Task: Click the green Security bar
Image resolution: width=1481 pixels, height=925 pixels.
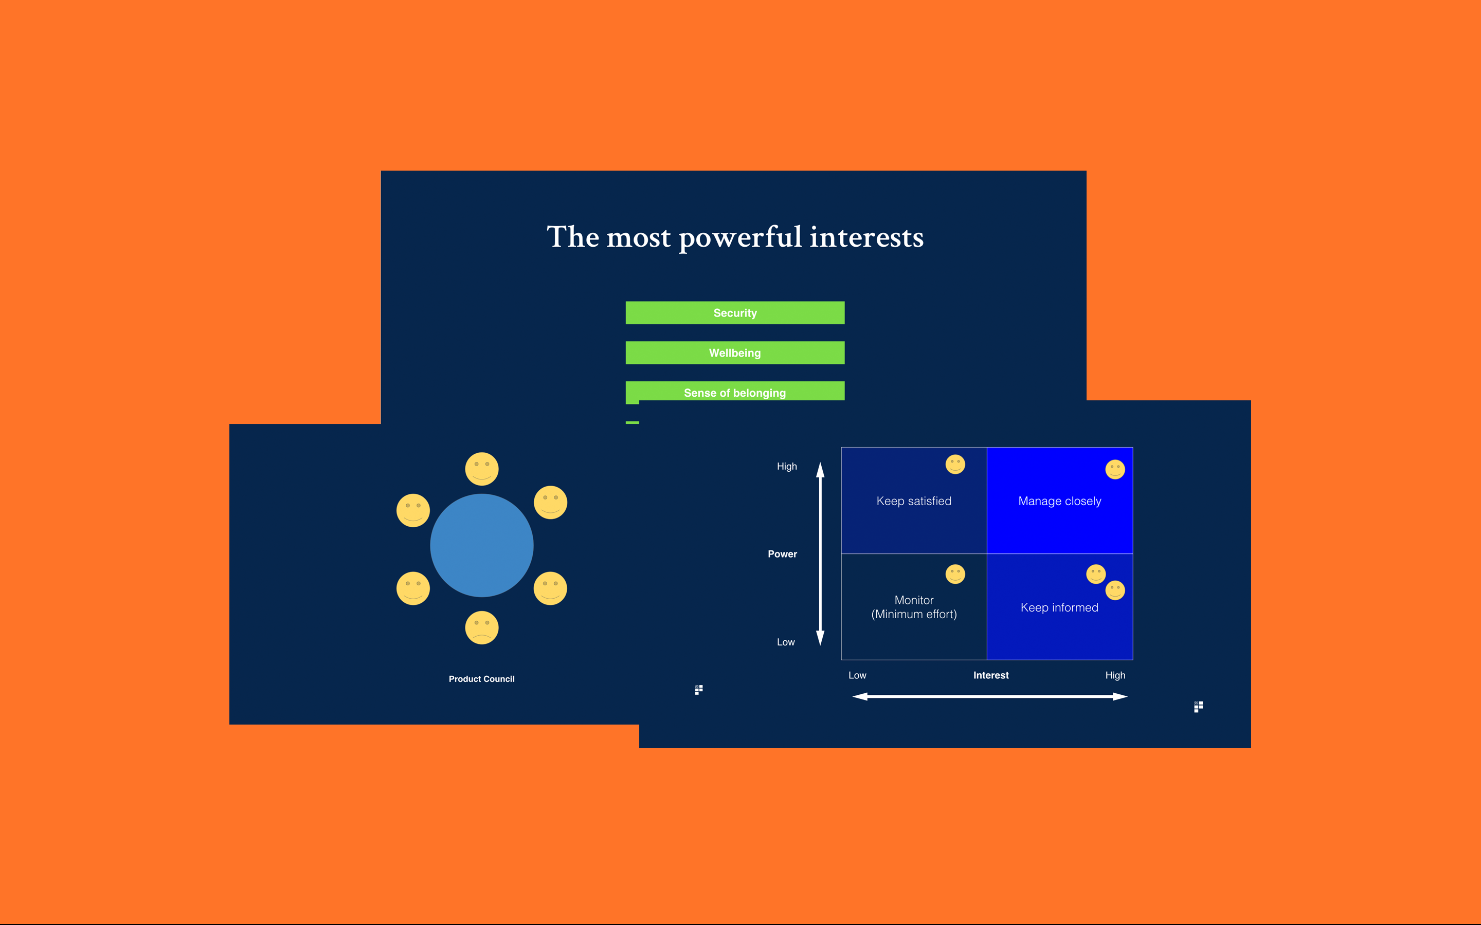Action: click(x=734, y=312)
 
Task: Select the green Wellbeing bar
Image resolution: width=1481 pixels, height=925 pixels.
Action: click(x=734, y=353)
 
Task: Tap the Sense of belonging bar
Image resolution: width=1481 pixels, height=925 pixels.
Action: click(x=734, y=392)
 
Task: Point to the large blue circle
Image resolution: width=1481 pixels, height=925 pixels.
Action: click(x=482, y=545)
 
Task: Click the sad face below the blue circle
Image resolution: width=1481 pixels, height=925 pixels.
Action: click(x=482, y=627)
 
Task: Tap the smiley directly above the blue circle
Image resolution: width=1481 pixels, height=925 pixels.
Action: click(x=482, y=469)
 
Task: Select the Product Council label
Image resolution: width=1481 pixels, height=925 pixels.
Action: click(x=482, y=678)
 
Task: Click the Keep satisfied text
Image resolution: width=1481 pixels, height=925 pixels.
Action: click(x=914, y=501)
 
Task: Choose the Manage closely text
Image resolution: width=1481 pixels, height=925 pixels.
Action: click(x=1059, y=501)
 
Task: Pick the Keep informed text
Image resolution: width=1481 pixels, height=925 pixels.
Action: click(x=1059, y=607)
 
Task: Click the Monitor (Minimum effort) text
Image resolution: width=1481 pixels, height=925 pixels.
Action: click(x=914, y=607)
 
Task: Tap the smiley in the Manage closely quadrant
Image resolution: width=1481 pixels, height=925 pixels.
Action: click(x=1115, y=469)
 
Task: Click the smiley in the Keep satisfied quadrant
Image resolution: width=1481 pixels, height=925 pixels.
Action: click(x=955, y=465)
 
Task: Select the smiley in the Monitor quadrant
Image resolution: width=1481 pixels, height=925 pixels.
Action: click(x=955, y=574)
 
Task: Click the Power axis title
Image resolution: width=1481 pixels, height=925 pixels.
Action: click(x=782, y=553)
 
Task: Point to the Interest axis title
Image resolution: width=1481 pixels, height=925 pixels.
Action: click(x=991, y=675)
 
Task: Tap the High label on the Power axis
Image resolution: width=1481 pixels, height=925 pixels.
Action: click(x=786, y=466)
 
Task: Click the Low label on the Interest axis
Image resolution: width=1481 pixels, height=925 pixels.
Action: click(x=857, y=675)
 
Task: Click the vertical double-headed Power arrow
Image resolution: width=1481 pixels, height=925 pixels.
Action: click(x=820, y=553)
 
